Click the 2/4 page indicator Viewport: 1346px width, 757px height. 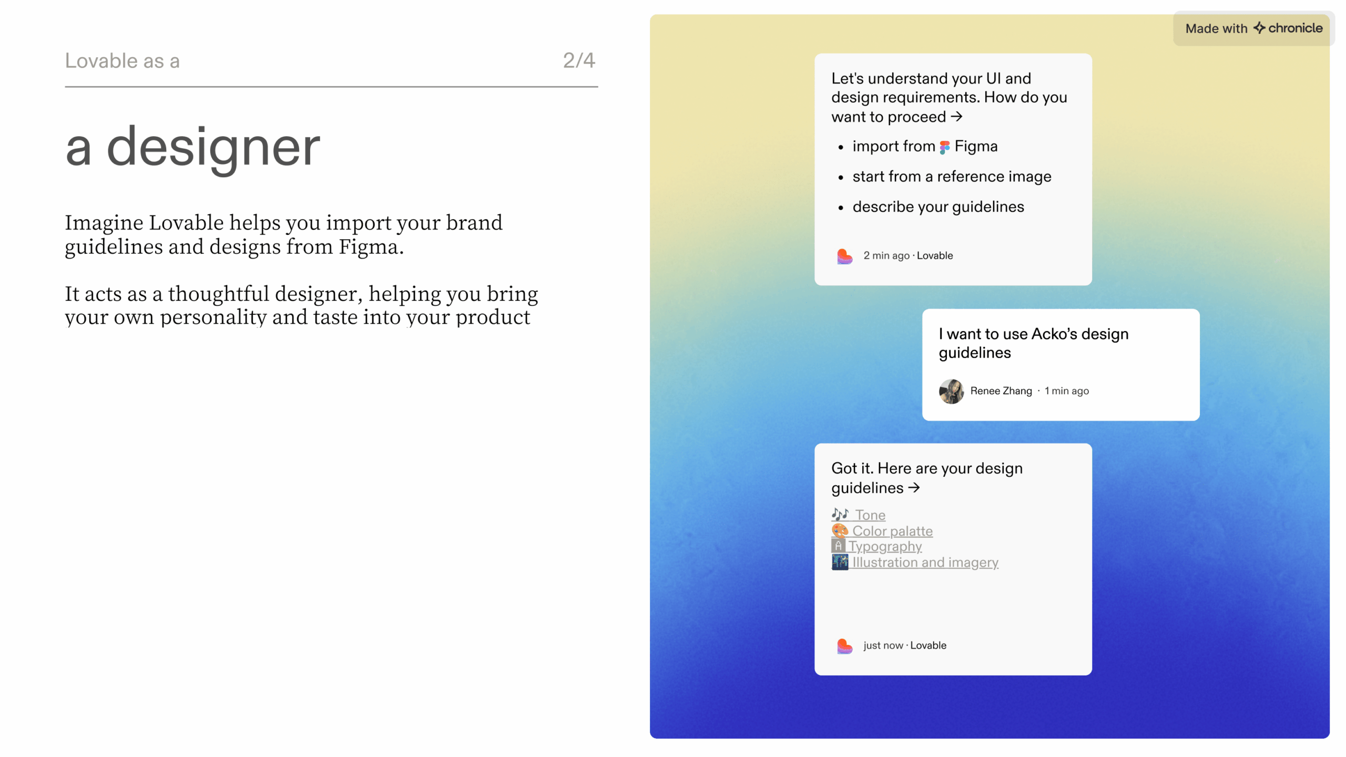point(579,60)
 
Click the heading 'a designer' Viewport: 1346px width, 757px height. point(192,148)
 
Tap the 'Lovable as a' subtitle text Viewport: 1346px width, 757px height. point(122,61)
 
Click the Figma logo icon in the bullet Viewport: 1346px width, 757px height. point(945,147)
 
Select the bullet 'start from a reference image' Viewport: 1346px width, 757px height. point(952,177)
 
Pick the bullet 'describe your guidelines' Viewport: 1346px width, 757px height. point(938,207)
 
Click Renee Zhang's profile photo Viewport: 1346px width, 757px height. point(951,391)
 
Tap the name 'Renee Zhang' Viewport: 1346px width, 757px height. point(1001,391)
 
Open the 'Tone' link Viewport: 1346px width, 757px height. point(870,515)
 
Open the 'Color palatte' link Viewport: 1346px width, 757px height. point(892,531)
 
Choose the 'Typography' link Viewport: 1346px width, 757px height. point(885,547)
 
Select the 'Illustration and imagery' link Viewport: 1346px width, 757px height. point(925,562)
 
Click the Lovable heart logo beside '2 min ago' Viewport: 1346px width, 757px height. point(844,256)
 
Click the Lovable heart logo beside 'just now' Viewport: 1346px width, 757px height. point(844,646)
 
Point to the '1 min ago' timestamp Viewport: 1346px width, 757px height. point(1066,391)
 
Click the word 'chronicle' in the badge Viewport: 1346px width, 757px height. point(1295,28)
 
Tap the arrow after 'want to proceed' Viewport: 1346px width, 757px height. point(956,116)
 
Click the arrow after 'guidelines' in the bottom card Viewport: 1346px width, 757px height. point(914,487)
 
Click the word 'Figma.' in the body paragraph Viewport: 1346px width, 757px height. point(371,247)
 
